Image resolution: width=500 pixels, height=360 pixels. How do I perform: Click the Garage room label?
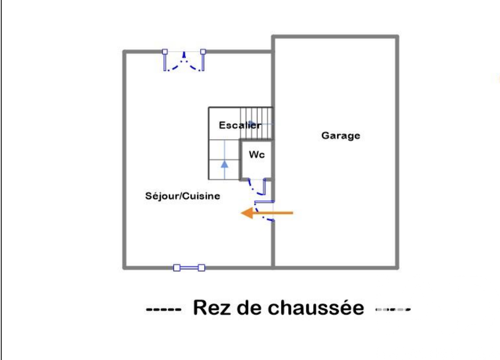point(340,135)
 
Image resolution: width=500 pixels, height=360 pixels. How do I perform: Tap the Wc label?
point(256,155)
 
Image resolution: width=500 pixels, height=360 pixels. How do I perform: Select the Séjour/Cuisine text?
point(182,196)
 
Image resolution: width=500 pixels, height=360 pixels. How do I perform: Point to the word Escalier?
point(240,125)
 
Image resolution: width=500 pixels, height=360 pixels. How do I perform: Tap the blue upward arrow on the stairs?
point(224,164)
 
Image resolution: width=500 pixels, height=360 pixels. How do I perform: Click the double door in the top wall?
point(184,61)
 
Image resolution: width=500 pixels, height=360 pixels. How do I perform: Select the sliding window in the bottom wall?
point(189,268)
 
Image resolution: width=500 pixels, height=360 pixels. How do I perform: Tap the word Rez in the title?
point(210,308)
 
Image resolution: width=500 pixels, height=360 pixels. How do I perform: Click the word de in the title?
point(247,308)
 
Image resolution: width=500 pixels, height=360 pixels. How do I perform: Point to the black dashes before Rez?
point(163,309)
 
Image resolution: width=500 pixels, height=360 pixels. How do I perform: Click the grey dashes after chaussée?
point(393,309)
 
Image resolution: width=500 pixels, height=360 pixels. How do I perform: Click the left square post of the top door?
point(164,52)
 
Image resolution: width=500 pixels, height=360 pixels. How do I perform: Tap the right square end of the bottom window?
point(201,268)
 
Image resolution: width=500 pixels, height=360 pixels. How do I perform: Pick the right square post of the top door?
point(203,52)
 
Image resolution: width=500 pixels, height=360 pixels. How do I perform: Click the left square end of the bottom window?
point(176,268)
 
